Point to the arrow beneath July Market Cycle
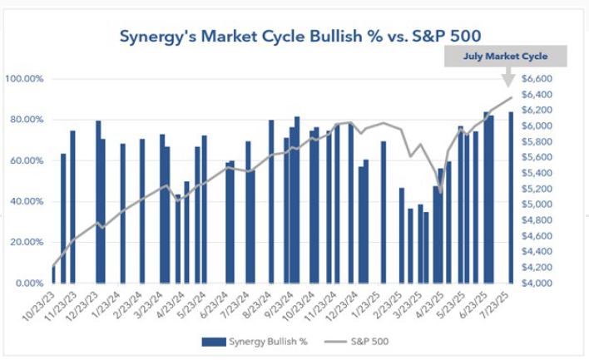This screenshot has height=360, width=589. pos(507,77)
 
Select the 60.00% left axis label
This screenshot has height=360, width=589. pos(27,160)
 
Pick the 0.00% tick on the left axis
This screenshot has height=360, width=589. pos(30,283)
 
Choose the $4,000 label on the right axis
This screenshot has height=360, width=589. pos(536,283)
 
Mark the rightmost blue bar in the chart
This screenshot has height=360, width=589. pos(510,197)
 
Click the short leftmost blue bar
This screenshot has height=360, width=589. pos(54,274)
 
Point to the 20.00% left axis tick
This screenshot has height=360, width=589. pos(27,242)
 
